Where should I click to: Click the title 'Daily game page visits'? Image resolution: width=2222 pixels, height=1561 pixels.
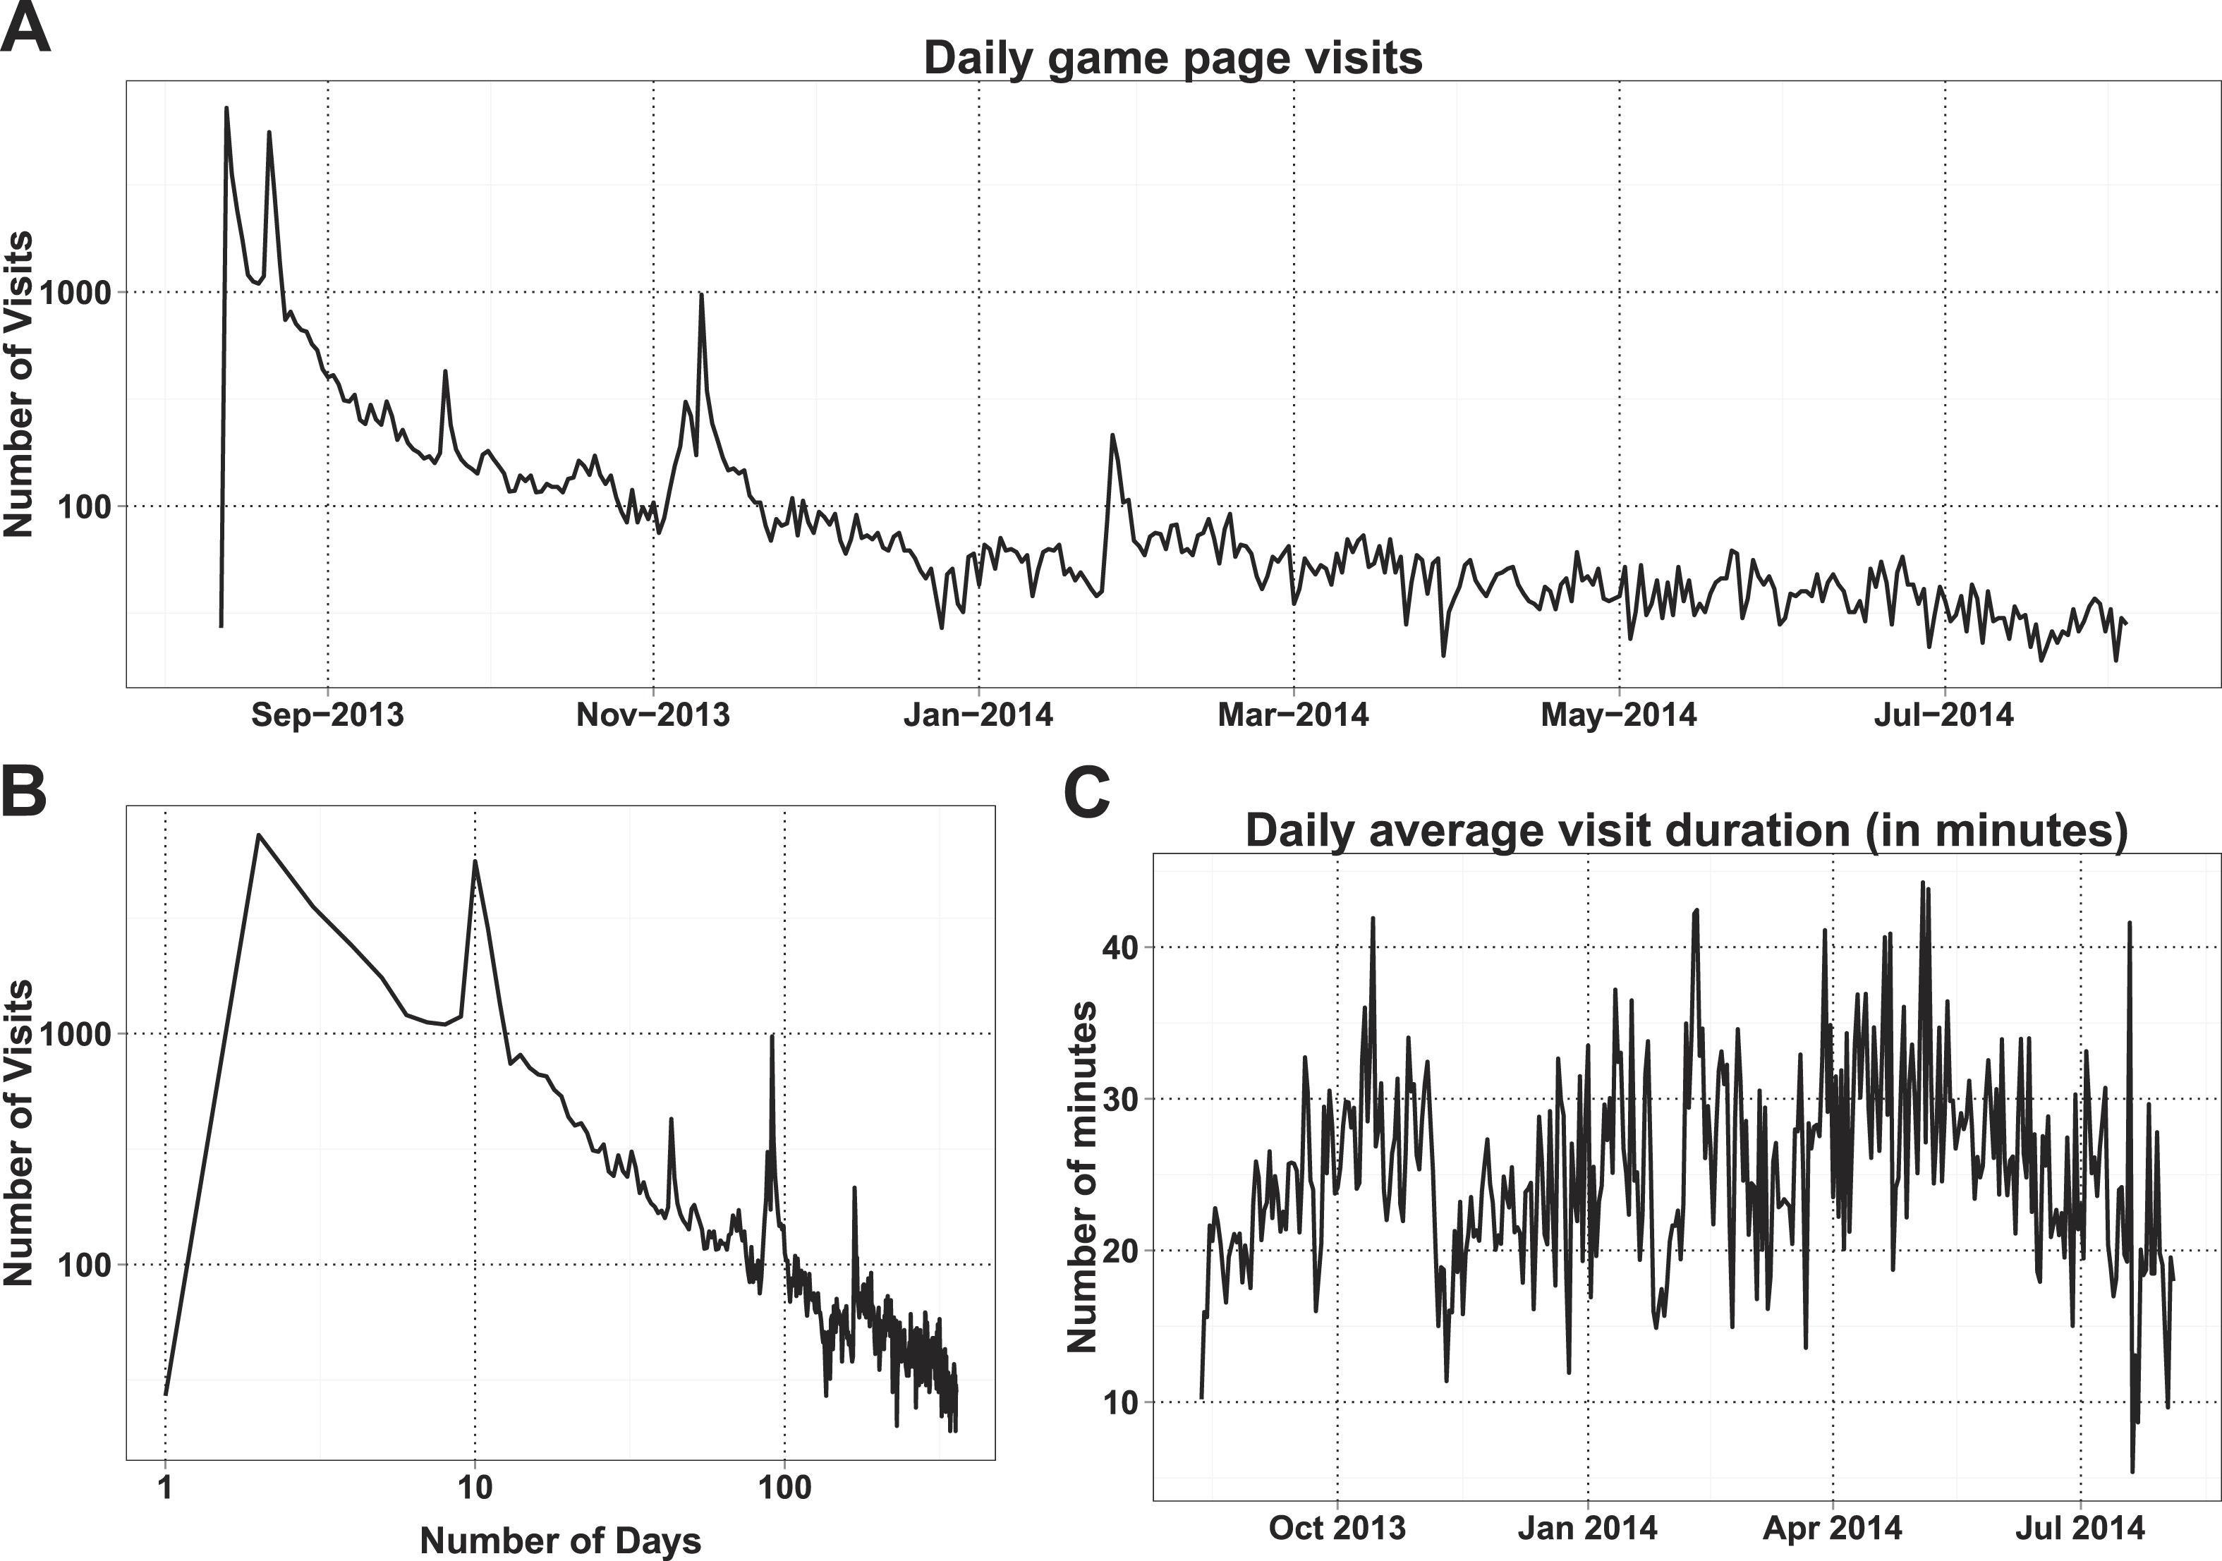(1173, 57)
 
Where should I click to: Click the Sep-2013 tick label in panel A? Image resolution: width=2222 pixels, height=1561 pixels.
(327, 715)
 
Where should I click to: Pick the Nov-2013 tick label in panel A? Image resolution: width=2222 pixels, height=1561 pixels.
(653, 715)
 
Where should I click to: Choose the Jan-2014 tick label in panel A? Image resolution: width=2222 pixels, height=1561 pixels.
(978, 715)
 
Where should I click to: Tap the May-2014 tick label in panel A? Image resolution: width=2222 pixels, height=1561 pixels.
(1619, 715)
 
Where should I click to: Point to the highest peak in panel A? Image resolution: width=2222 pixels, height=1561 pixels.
(226, 109)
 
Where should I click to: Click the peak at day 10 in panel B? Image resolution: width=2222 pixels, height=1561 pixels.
(474, 861)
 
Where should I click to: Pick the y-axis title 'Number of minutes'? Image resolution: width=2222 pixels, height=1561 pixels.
(1082, 1176)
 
